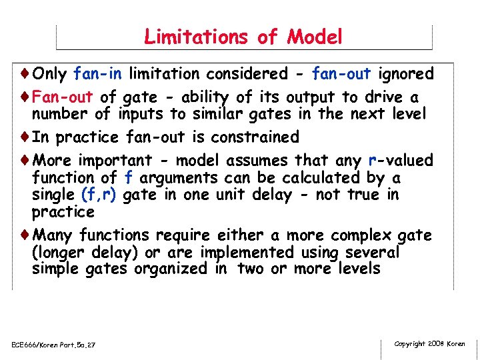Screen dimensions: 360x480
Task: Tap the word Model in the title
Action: click(x=315, y=37)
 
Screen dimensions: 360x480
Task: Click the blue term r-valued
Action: click(x=400, y=161)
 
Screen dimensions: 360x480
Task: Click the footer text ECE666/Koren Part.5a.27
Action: click(x=54, y=344)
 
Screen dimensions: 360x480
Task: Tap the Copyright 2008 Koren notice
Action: click(x=429, y=343)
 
